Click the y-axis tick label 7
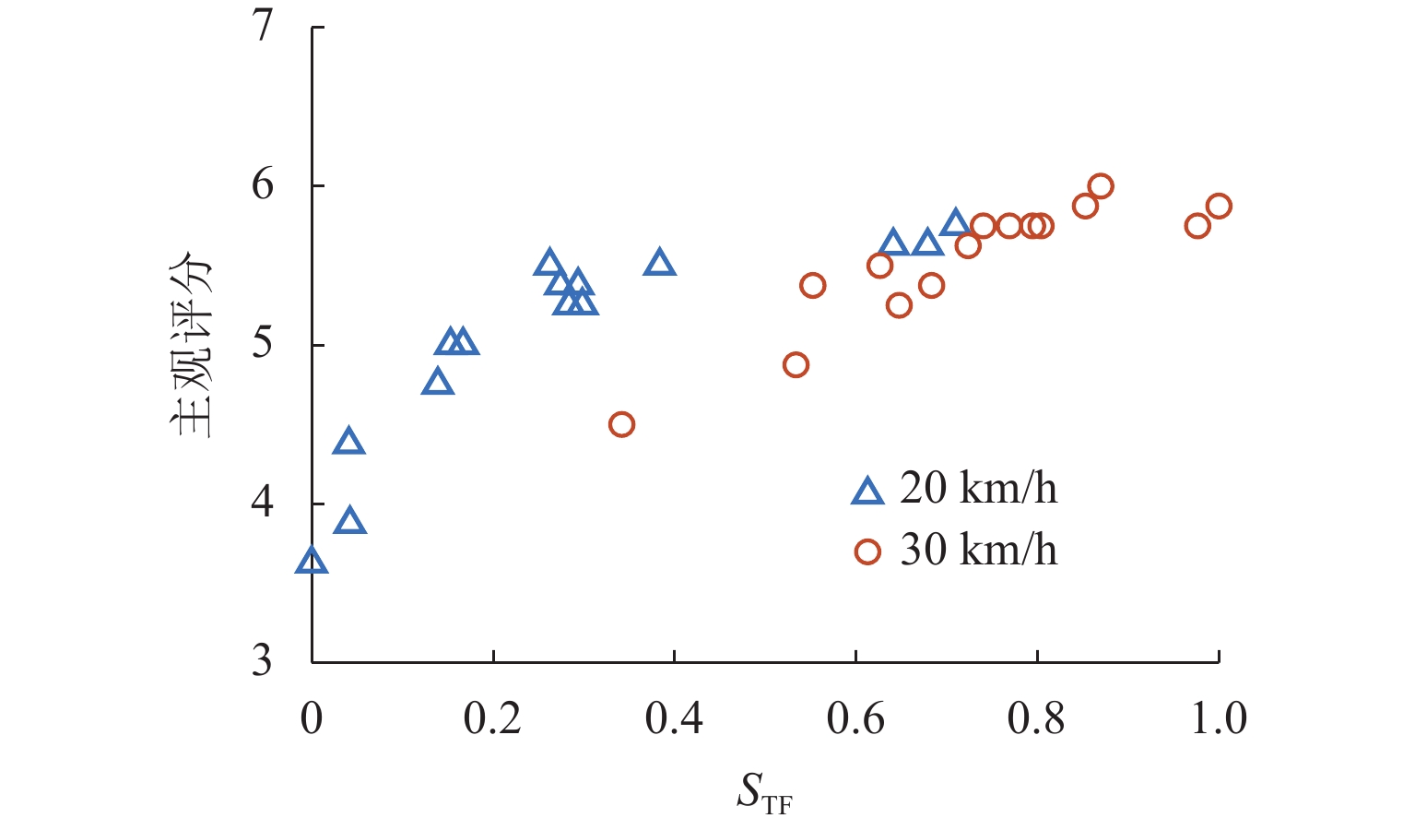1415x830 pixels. point(264,26)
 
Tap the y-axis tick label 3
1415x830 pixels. point(264,661)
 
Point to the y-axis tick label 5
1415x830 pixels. point(264,344)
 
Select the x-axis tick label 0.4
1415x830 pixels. point(674,718)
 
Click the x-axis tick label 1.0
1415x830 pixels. point(1219,718)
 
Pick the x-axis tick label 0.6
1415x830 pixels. point(855,718)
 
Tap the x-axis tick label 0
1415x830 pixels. point(312,718)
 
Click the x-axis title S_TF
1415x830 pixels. point(763,793)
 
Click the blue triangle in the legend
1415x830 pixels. point(867,492)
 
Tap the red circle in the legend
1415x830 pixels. point(867,551)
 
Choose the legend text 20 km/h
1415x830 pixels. point(978,488)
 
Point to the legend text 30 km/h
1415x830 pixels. point(978,550)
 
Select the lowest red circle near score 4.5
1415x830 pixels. point(621,424)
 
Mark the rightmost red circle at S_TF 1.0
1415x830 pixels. point(1219,206)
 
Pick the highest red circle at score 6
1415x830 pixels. point(1100,186)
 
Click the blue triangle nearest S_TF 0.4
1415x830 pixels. point(660,264)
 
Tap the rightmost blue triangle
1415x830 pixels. point(955,223)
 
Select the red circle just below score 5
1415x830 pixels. point(796,365)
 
